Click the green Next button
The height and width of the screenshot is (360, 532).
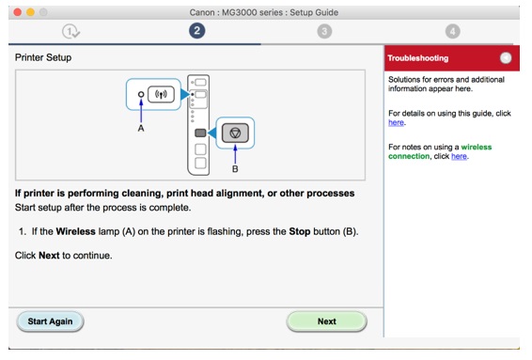[x=326, y=321]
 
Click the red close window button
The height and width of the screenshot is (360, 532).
[x=18, y=12]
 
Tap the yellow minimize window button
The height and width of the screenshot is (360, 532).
[x=30, y=12]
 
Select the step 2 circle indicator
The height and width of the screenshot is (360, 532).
[x=196, y=31]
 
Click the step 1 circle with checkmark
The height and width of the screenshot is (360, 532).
[x=70, y=32]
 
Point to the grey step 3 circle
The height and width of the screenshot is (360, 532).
[x=324, y=32]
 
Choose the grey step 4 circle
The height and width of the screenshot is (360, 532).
[x=453, y=32]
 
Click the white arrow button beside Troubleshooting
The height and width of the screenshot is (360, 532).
[x=506, y=58]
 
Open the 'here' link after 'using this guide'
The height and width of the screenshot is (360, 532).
[x=396, y=122]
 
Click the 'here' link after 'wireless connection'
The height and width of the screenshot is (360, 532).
[x=459, y=156]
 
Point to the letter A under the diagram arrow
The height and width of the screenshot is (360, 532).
[x=141, y=128]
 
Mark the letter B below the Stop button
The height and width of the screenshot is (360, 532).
[x=235, y=168]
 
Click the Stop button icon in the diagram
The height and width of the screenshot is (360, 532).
[x=235, y=133]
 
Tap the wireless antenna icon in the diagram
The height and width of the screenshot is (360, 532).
[x=161, y=94]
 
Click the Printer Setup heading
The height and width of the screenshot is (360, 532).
[x=43, y=57]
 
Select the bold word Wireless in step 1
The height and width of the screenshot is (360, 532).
[x=75, y=231]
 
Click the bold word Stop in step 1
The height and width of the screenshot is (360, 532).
[x=300, y=231]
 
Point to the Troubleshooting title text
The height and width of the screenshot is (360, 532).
[x=418, y=58]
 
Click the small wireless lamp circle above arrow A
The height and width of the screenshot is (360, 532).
[x=141, y=94]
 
